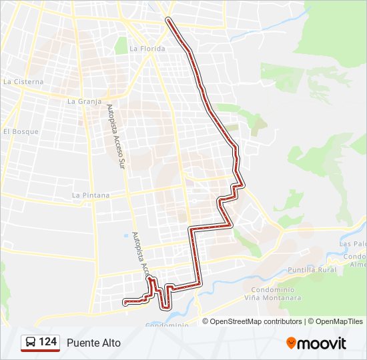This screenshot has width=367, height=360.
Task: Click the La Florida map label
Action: pos(142,49)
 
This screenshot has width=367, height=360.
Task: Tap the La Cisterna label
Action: pos(23,82)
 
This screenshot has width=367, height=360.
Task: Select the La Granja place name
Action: pos(84,102)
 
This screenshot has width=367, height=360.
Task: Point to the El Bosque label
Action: pos(21,131)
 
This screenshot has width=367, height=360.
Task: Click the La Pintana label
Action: pos(90,195)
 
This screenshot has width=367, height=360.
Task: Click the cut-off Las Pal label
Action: pos(353,244)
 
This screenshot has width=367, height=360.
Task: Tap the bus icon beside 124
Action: pos(31,343)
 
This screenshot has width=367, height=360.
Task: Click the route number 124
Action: pos(47,342)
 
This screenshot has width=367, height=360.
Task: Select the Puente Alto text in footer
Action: pos(93,343)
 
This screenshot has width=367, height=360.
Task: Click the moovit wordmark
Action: pos(322,343)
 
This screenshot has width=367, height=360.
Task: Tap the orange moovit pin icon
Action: pos(292,343)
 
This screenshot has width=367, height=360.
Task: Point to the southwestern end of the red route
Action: pos(125,303)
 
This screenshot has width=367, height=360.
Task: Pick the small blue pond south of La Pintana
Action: pos(125,235)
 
